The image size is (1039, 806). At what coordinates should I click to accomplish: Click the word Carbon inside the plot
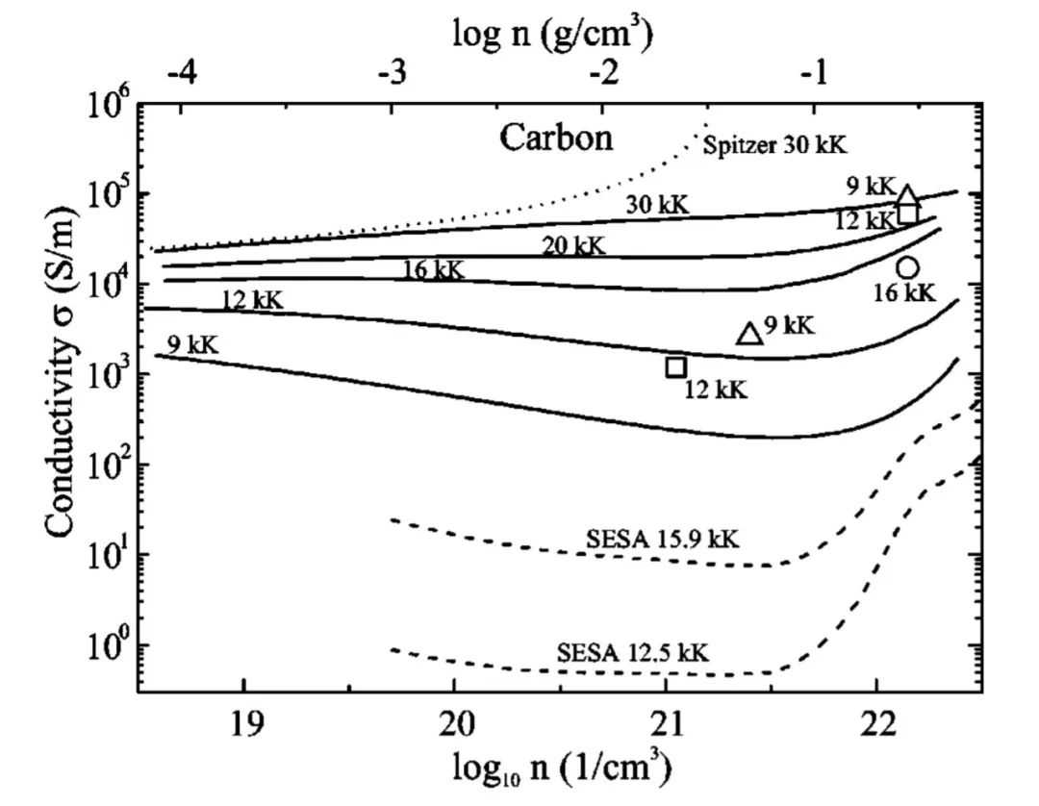tap(555, 139)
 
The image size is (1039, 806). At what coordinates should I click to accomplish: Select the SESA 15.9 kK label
tap(663, 539)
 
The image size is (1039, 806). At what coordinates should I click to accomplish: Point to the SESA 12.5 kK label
tap(633, 653)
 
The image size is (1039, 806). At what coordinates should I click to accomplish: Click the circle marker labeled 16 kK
tap(907, 267)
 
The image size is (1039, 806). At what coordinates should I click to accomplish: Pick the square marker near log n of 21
tap(675, 366)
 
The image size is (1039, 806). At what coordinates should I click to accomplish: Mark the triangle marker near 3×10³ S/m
tap(749, 333)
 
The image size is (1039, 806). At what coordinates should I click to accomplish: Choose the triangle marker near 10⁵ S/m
tap(906, 195)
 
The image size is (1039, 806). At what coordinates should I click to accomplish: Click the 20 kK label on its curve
tap(573, 246)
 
